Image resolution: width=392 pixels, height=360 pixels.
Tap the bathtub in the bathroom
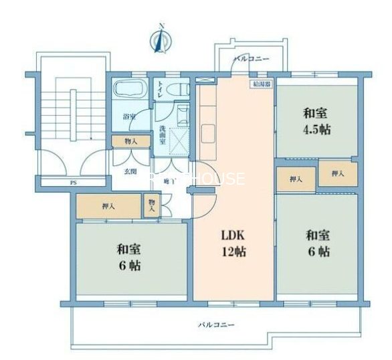point(131,90)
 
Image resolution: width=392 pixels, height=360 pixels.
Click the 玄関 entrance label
point(130,171)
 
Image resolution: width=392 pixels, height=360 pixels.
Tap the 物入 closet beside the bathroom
point(130,141)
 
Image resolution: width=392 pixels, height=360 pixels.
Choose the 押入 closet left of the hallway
point(108,206)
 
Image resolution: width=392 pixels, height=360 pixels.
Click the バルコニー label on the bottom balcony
point(215,325)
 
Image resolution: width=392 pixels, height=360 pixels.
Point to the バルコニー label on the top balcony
point(251,60)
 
